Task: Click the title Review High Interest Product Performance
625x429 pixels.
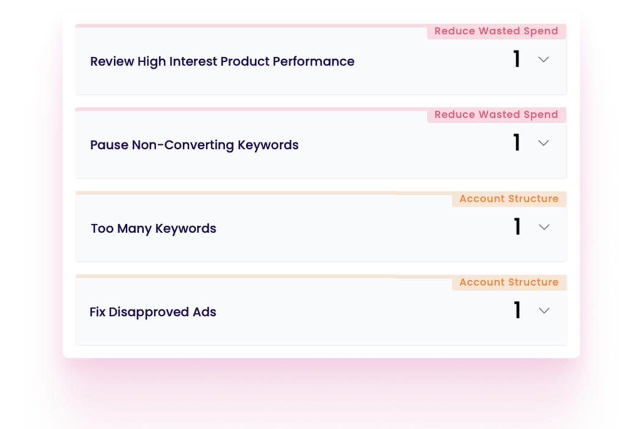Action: click(x=222, y=62)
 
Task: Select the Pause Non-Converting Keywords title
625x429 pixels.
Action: click(x=194, y=145)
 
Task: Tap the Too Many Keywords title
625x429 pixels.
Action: click(x=153, y=229)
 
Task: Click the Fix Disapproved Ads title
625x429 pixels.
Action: click(x=153, y=312)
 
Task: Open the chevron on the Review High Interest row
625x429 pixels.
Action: click(x=544, y=60)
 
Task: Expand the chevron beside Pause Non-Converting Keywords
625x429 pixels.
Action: click(x=544, y=143)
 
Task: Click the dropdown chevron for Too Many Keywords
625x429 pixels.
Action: click(x=544, y=227)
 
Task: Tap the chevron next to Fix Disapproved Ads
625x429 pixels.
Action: click(x=544, y=311)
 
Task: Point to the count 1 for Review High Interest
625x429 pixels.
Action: click(x=517, y=59)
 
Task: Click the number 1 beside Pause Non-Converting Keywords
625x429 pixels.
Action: click(x=517, y=142)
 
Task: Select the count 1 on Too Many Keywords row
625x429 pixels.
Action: click(x=518, y=226)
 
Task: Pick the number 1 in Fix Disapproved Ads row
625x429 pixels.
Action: click(x=518, y=310)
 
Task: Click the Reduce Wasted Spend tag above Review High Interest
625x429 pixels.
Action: click(x=496, y=31)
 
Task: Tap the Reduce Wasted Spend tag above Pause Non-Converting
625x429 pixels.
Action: click(x=496, y=115)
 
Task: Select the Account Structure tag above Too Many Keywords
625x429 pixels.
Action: click(x=509, y=198)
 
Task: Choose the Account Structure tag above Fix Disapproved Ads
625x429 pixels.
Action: click(x=509, y=283)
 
